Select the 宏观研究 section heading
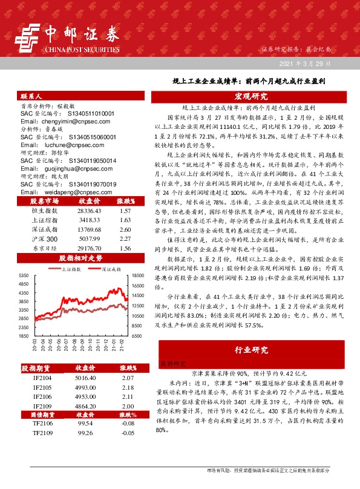click(250, 97)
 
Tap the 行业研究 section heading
click(250, 350)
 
